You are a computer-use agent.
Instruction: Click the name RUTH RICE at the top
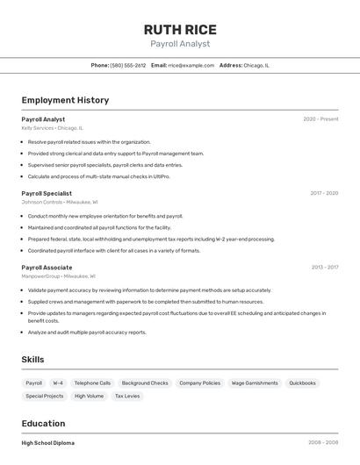180,29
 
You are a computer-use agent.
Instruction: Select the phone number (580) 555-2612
128,65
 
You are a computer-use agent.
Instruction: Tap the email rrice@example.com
191,65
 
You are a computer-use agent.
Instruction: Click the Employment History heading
65,100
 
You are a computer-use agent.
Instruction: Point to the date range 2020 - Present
320,119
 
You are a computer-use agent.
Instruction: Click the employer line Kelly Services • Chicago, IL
52,128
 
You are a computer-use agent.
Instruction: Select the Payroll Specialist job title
47,193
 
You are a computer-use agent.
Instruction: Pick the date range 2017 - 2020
324,193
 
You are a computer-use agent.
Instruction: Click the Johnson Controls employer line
59,202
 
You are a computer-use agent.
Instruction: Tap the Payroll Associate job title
47,267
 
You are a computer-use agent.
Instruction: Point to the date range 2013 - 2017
324,267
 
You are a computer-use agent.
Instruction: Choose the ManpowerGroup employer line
59,275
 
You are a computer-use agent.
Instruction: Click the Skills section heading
32,359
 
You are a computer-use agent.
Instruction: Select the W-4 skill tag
58,383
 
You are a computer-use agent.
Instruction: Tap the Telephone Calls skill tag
92,383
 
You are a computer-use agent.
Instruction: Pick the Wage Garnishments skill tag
255,383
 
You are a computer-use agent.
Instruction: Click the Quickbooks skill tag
302,383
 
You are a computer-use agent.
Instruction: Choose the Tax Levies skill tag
126,397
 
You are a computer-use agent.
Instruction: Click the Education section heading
43,423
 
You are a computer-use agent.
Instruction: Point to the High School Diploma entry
48,443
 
